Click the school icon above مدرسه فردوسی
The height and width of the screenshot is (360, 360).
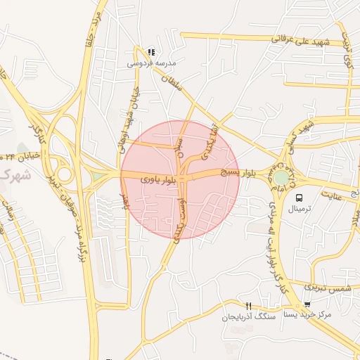[x=150, y=52]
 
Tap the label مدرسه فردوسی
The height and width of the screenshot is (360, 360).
[x=150, y=63]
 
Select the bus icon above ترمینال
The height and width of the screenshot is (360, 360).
[x=300, y=198]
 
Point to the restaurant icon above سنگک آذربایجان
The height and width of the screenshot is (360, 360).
[x=247, y=306]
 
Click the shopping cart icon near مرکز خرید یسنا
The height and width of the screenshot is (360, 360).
[x=307, y=304]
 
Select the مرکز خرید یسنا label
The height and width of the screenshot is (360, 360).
[x=306, y=315]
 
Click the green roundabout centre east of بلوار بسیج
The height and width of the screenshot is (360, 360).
[x=282, y=178]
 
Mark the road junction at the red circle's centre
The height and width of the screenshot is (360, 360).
[x=181, y=179]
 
